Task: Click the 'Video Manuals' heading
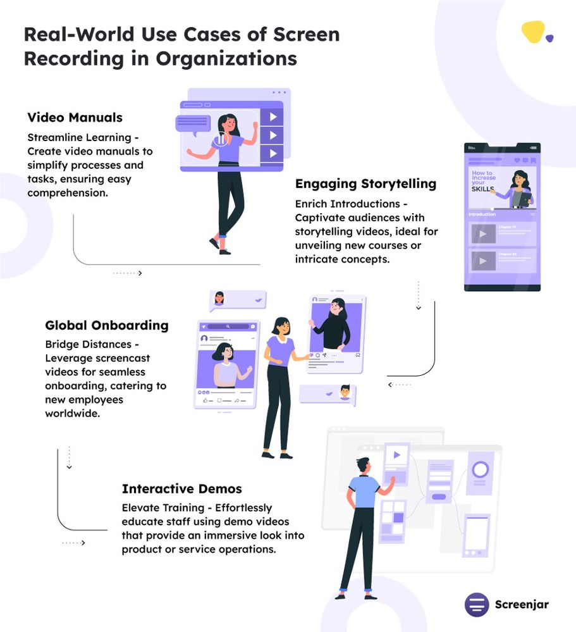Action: pyautogui.click(x=75, y=118)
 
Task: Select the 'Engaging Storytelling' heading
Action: pyautogui.click(x=365, y=184)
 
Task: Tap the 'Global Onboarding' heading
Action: pyautogui.click(x=106, y=325)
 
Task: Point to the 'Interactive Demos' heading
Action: pyautogui.click(x=181, y=489)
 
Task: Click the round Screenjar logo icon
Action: pyautogui.click(x=477, y=604)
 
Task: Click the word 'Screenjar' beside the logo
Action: pyautogui.click(x=522, y=604)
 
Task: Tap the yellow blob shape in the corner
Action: pyautogui.click(x=533, y=32)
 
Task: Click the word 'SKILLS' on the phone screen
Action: pyautogui.click(x=482, y=189)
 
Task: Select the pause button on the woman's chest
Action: pyautogui.click(x=220, y=140)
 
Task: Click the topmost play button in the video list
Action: pyautogui.click(x=273, y=117)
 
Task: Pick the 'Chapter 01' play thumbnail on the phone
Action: pyautogui.click(x=483, y=234)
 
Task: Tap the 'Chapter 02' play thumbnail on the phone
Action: pyautogui.click(x=483, y=261)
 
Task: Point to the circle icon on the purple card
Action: pyautogui.click(x=480, y=470)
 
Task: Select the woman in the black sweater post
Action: pyautogui.click(x=335, y=323)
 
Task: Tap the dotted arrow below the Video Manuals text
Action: pyautogui.click(x=128, y=273)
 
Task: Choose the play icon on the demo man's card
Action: pyautogui.click(x=396, y=454)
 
